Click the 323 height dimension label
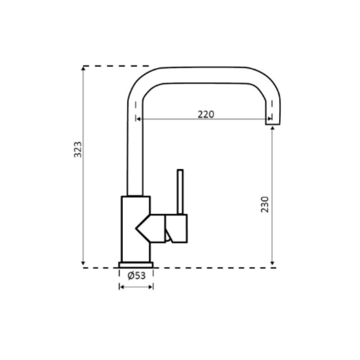[x=78, y=149]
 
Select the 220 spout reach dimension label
[x=206, y=114]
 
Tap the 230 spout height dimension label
[x=265, y=204]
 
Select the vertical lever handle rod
[x=180, y=191]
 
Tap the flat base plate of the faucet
[x=136, y=265]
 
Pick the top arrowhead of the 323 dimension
[x=83, y=68]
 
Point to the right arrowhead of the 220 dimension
[x=269, y=119]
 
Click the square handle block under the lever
[x=176, y=228]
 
